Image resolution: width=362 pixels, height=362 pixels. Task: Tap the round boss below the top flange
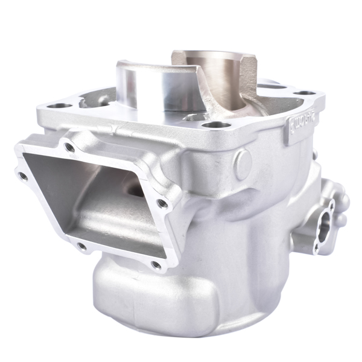[243, 164]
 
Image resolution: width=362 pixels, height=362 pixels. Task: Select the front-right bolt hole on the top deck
[216, 125]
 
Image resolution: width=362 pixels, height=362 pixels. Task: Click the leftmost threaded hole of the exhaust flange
[23, 176]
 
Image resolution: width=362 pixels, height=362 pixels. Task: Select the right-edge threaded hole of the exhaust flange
[163, 204]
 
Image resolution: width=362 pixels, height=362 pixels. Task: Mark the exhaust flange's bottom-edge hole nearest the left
[81, 246]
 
